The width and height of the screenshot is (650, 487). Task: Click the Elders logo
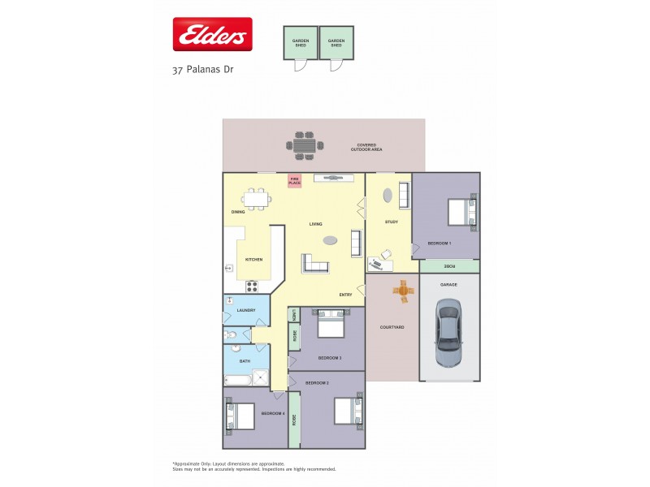click(212, 34)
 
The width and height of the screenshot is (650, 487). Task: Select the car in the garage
click(448, 330)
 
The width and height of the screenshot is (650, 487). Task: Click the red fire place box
click(295, 181)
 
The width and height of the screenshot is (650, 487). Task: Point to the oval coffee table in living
click(330, 239)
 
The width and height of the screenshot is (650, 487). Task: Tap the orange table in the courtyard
click(401, 291)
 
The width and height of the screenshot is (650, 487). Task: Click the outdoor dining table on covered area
click(304, 145)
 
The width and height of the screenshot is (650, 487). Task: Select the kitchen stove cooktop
click(251, 286)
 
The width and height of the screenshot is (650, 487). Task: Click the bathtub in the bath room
click(237, 379)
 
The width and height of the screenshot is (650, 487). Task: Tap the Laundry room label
click(246, 310)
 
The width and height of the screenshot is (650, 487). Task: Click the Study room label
click(391, 222)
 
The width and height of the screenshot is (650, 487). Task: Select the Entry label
click(345, 295)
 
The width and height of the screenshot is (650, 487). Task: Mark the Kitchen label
click(254, 260)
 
